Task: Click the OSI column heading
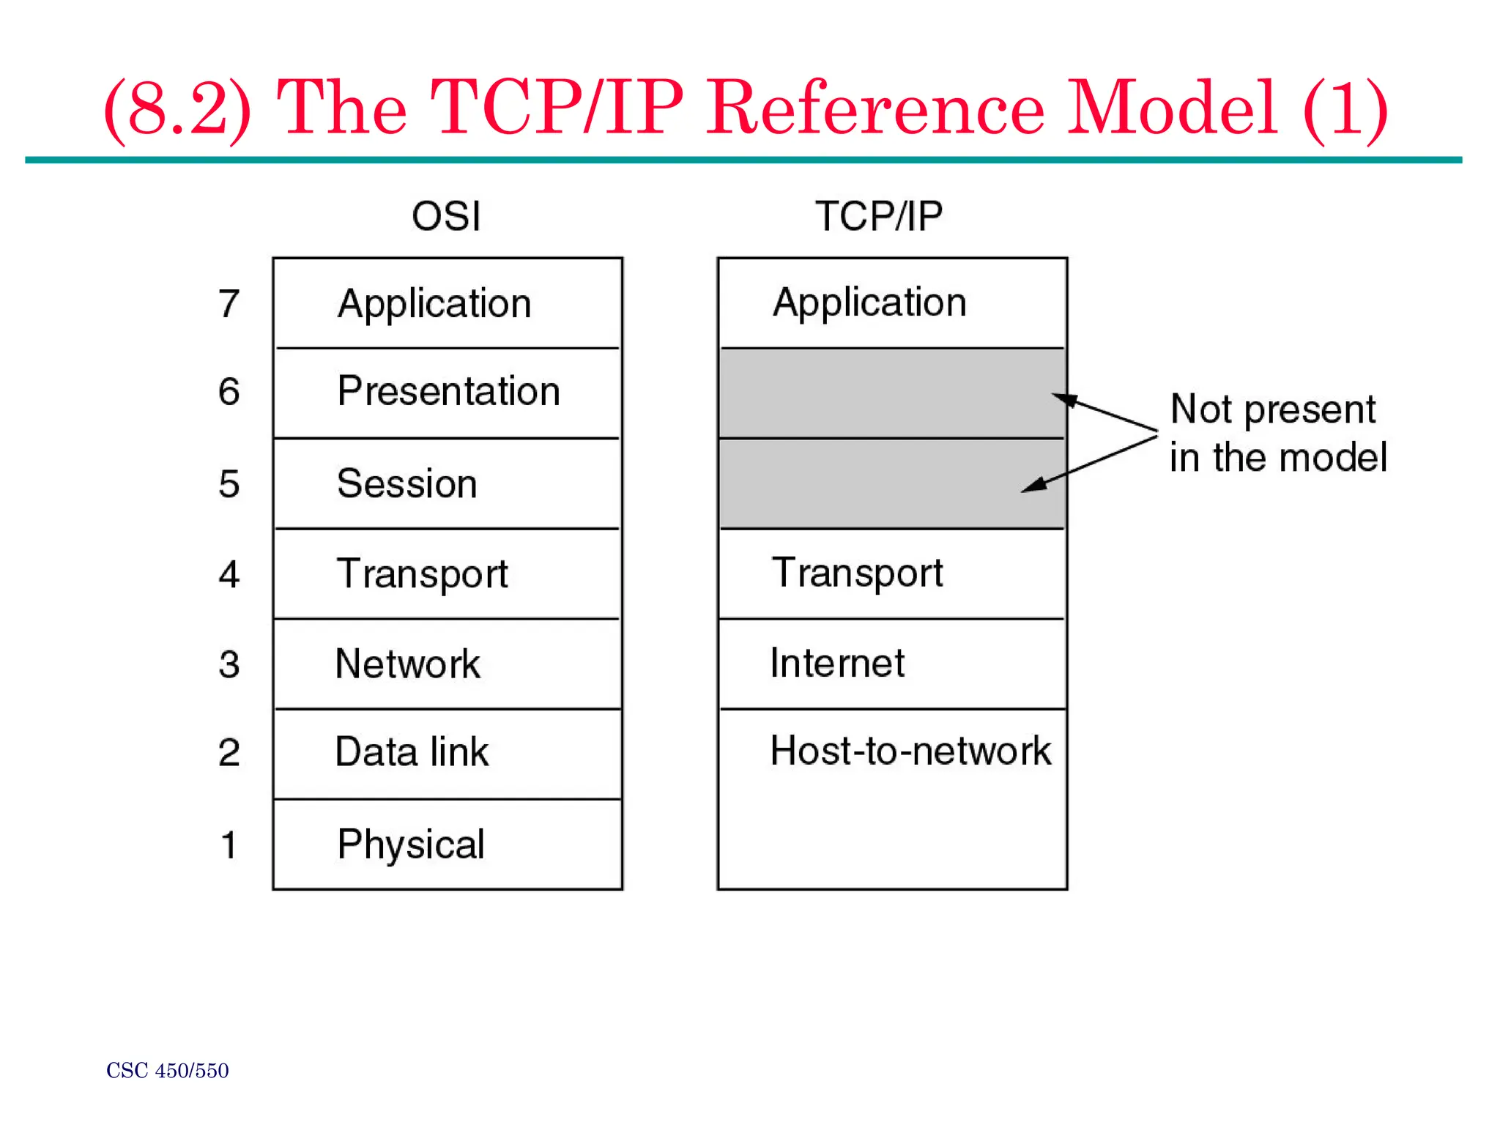pyautogui.click(x=446, y=217)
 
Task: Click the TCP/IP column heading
pyautogui.click(x=878, y=217)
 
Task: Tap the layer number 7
pyautogui.click(x=229, y=303)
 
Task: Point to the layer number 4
pyautogui.click(x=229, y=574)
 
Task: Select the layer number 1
pyautogui.click(x=229, y=844)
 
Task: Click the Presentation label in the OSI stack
pyautogui.click(x=448, y=391)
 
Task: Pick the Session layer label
pyautogui.click(x=407, y=483)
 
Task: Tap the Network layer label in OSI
pyautogui.click(x=407, y=664)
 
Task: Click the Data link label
pyautogui.click(x=412, y=752)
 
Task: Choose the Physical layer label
pyautogui.click(x=411, y=844)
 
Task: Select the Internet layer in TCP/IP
pyautogui.click(x=837, y=664)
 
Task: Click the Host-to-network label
pyautogui.click(x=910, y=751)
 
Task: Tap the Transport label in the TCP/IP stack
pyautogui.click(x=858, y=573)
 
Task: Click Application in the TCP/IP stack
pyautogui.click(x=869, y=302)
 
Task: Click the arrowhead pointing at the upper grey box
pyautogui.click(x=1063, y=399)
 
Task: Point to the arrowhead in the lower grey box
pyautogui.click(x=1033, y=486)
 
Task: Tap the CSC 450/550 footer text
pyautogui.click(x=167, y=1071)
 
